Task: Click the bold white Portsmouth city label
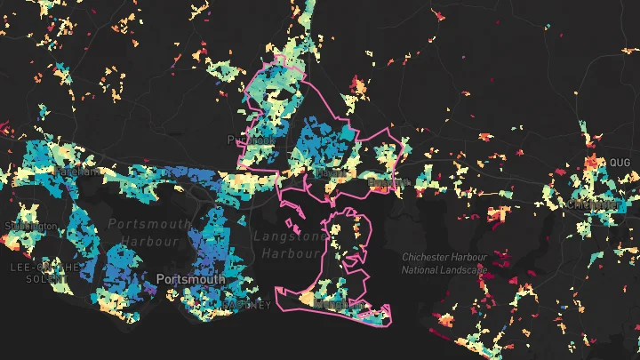tap(190, 279)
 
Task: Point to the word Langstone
tap(290, 236)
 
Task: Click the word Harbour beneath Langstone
tap(290, 252)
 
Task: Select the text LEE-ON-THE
tap(44, 267)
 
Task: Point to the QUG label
tap(619, 163)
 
